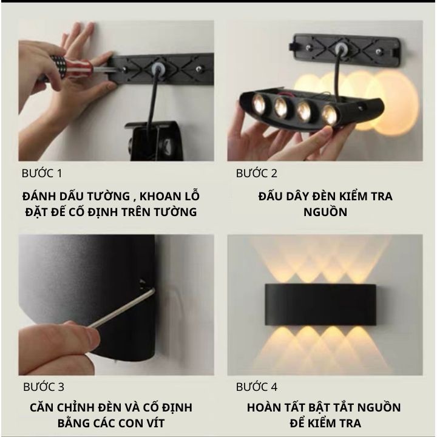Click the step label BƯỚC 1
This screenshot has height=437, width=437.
(x=42, y=174)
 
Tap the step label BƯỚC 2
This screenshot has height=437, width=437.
(x=257, y=174)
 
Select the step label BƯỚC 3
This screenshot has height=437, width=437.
(x=44, y=387)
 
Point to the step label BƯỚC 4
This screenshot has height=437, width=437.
(x=257, y=387)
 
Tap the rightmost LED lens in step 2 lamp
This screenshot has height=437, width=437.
(x=330, y=115)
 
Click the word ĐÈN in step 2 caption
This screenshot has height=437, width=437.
(x=323, y=196)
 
